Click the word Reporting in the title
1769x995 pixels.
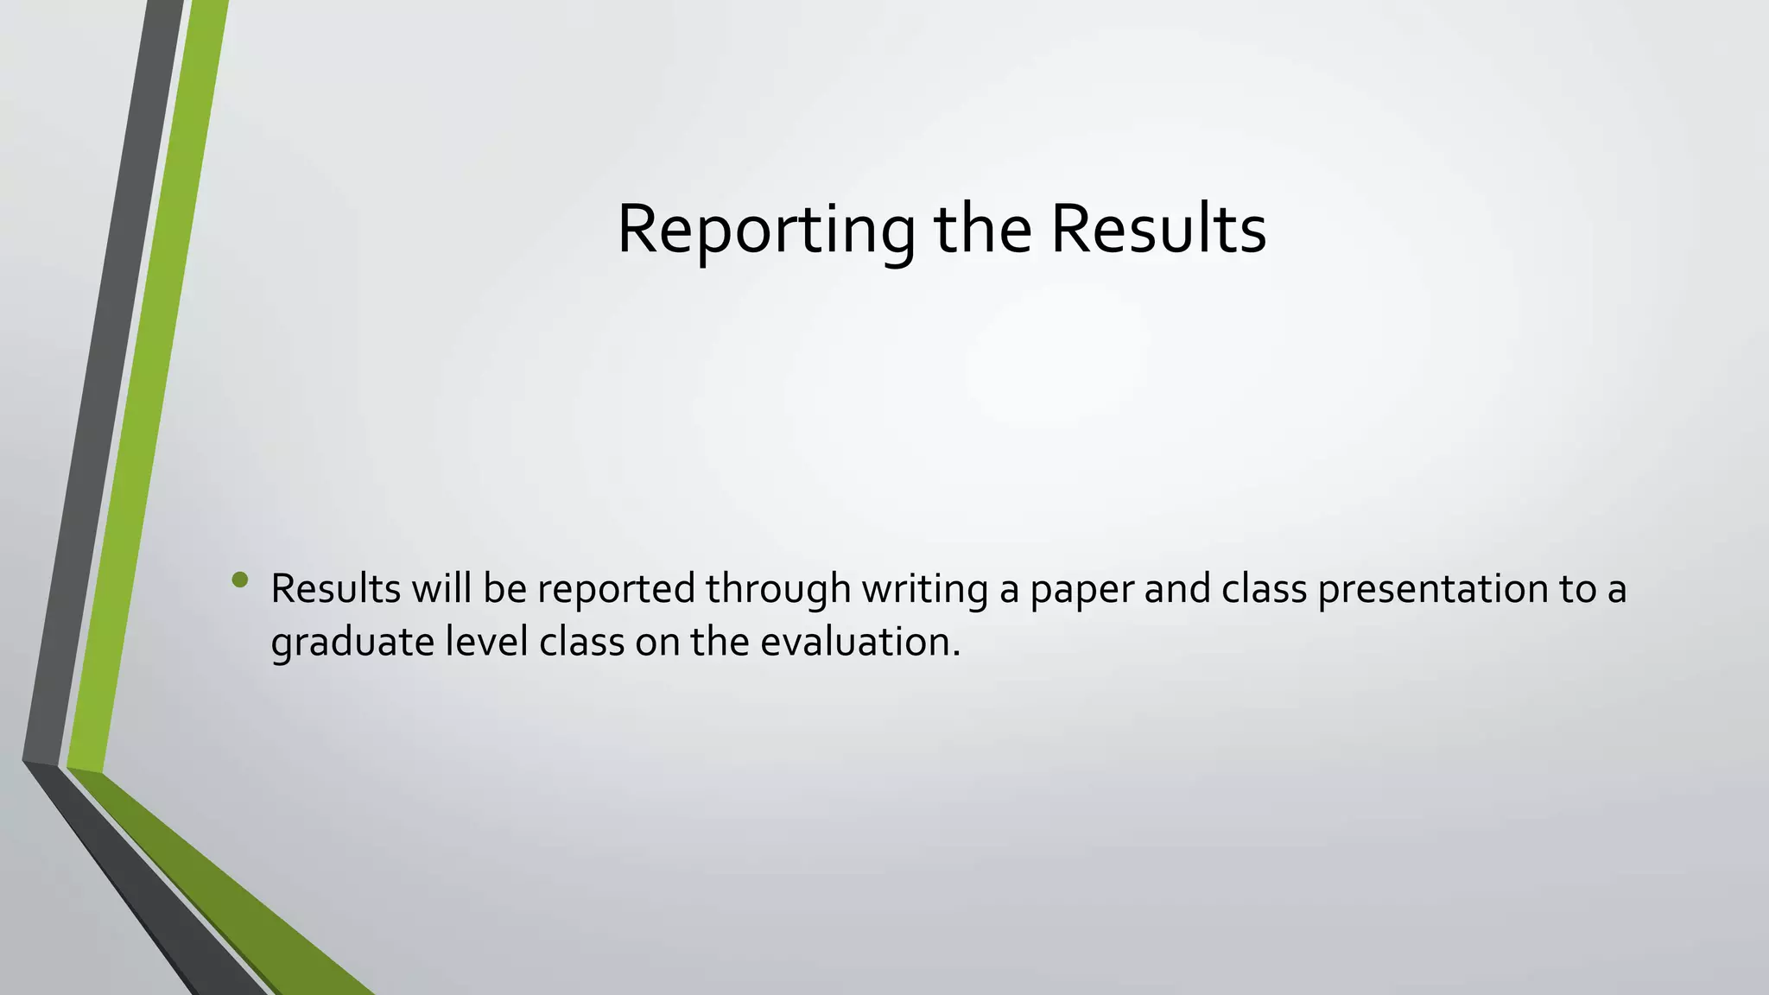pyautogui.click(x=765, y=230)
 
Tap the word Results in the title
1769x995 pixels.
pyautogui.click(x=1158, y=230)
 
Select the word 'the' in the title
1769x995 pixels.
pyautogui.click(x=983, y=230)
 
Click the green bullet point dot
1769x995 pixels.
pyautogui.click(x=240, y=580)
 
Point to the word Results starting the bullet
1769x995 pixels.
pyautogui.click(x=336, y=589)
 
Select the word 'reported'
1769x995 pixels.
pyautogui.click(x=617, y=589)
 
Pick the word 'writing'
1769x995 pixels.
pyautogui.click(x=925, y=589)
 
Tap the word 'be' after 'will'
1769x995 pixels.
pyautogui.click(x=504, y=589)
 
